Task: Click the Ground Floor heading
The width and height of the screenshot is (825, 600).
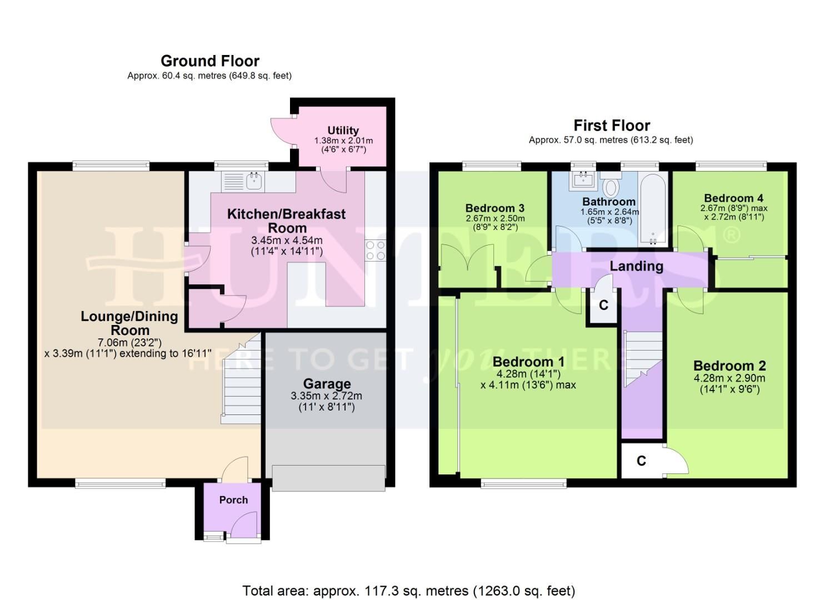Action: (210, 61)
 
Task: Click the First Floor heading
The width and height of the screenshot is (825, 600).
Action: (611, 125)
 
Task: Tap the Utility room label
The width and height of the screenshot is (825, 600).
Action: (343, 131)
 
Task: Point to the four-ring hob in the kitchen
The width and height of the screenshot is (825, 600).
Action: (375, 251)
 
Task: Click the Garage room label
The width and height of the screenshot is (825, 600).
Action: (326, 384)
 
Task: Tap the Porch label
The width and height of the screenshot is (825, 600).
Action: (233, 500)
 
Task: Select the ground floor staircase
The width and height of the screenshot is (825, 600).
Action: (241, 383)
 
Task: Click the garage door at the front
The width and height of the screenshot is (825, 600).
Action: (328, 478)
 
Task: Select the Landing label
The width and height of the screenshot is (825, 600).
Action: (636, 266)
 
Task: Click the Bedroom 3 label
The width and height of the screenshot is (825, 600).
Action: (494, 208)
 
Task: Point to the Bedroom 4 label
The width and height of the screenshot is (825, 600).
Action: (733, 198)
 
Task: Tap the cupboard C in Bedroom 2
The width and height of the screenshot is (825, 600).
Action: (642, 461)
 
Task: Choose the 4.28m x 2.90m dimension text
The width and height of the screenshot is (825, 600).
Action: (729, 378)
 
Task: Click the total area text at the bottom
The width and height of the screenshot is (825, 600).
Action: (408, 591)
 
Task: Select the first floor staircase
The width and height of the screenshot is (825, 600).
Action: (643, 358)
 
